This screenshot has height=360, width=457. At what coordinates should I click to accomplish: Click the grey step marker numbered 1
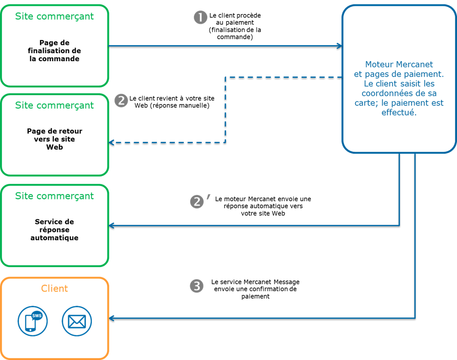(x=200, y=18)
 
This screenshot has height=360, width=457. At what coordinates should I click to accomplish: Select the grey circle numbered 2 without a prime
(x=121, y=100)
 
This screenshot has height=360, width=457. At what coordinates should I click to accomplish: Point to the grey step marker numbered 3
(x=197, y=286)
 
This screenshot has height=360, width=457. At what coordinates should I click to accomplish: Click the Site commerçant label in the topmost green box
(x=54, y=16)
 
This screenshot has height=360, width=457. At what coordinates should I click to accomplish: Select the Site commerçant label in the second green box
(x=54, y=105)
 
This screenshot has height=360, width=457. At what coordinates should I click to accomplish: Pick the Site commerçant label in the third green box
(x=54, y=196)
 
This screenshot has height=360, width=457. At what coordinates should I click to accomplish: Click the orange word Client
(x=54, y=288)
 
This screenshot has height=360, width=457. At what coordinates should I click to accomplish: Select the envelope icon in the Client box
(x=77, y=321)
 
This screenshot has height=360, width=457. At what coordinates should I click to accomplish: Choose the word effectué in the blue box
(x=399, y=113)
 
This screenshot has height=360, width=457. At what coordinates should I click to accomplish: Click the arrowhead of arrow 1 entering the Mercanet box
(x=339, y=46)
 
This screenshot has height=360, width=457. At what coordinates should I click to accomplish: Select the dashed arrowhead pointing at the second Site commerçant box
(x=112, y=142)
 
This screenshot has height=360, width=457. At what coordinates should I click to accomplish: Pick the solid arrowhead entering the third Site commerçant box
(x=112, y=225)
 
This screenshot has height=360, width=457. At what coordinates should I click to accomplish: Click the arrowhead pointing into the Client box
(x=112, y=318)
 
